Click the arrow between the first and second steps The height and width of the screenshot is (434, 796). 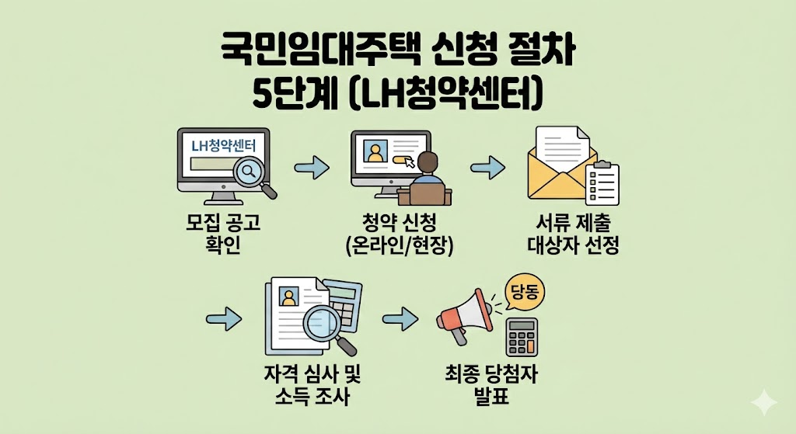point(312,166)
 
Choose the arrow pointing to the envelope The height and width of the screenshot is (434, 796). point(488,166)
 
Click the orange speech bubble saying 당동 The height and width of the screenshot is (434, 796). point(525,293)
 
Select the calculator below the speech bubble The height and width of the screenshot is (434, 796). point(522,336)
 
